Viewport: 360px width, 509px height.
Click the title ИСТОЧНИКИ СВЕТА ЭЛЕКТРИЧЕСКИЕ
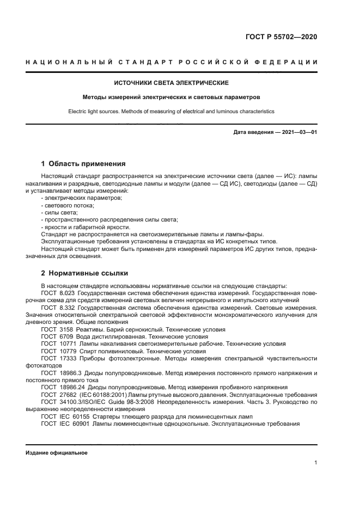pyautogui.click(x=171, y=83)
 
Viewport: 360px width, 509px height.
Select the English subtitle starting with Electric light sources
pyautogui.click(x=171, y=111)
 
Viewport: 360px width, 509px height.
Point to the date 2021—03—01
pyautogui.click(x=298, y=132)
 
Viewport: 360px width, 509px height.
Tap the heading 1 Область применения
pyautogui.click(x=84, y=163)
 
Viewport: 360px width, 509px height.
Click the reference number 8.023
pyautogui.click(x=68, y=293)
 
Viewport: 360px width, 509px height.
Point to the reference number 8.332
pyautogui.click(x=68, y=308)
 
